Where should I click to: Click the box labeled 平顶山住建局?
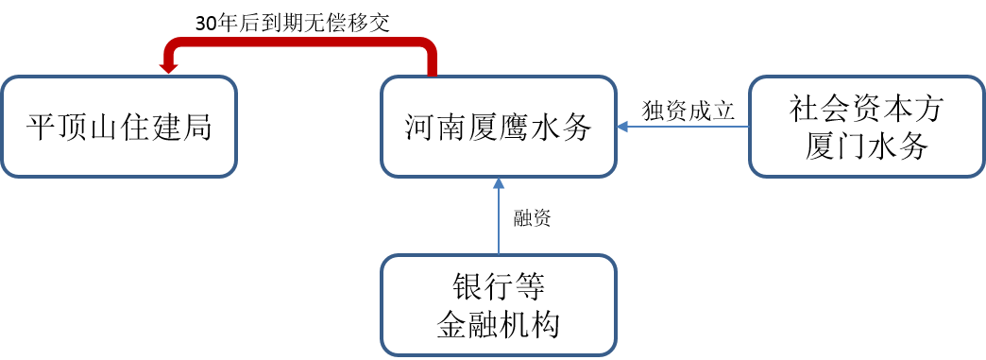click(119, 127)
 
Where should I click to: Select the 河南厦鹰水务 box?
click(499, 127)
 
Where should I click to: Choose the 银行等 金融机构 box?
click(499, 304)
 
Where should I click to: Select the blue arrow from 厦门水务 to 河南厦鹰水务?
click(682, 126)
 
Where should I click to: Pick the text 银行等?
click(499, 287)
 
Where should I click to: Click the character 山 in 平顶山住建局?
click(104, 128)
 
